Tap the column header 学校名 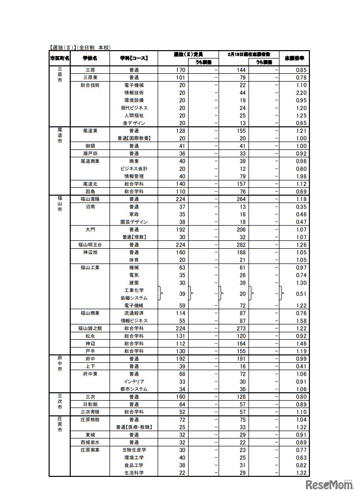90,58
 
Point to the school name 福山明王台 90,244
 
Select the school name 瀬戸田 90,153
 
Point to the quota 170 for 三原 180,70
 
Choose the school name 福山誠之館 90,328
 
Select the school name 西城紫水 90,441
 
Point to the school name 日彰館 90,404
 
